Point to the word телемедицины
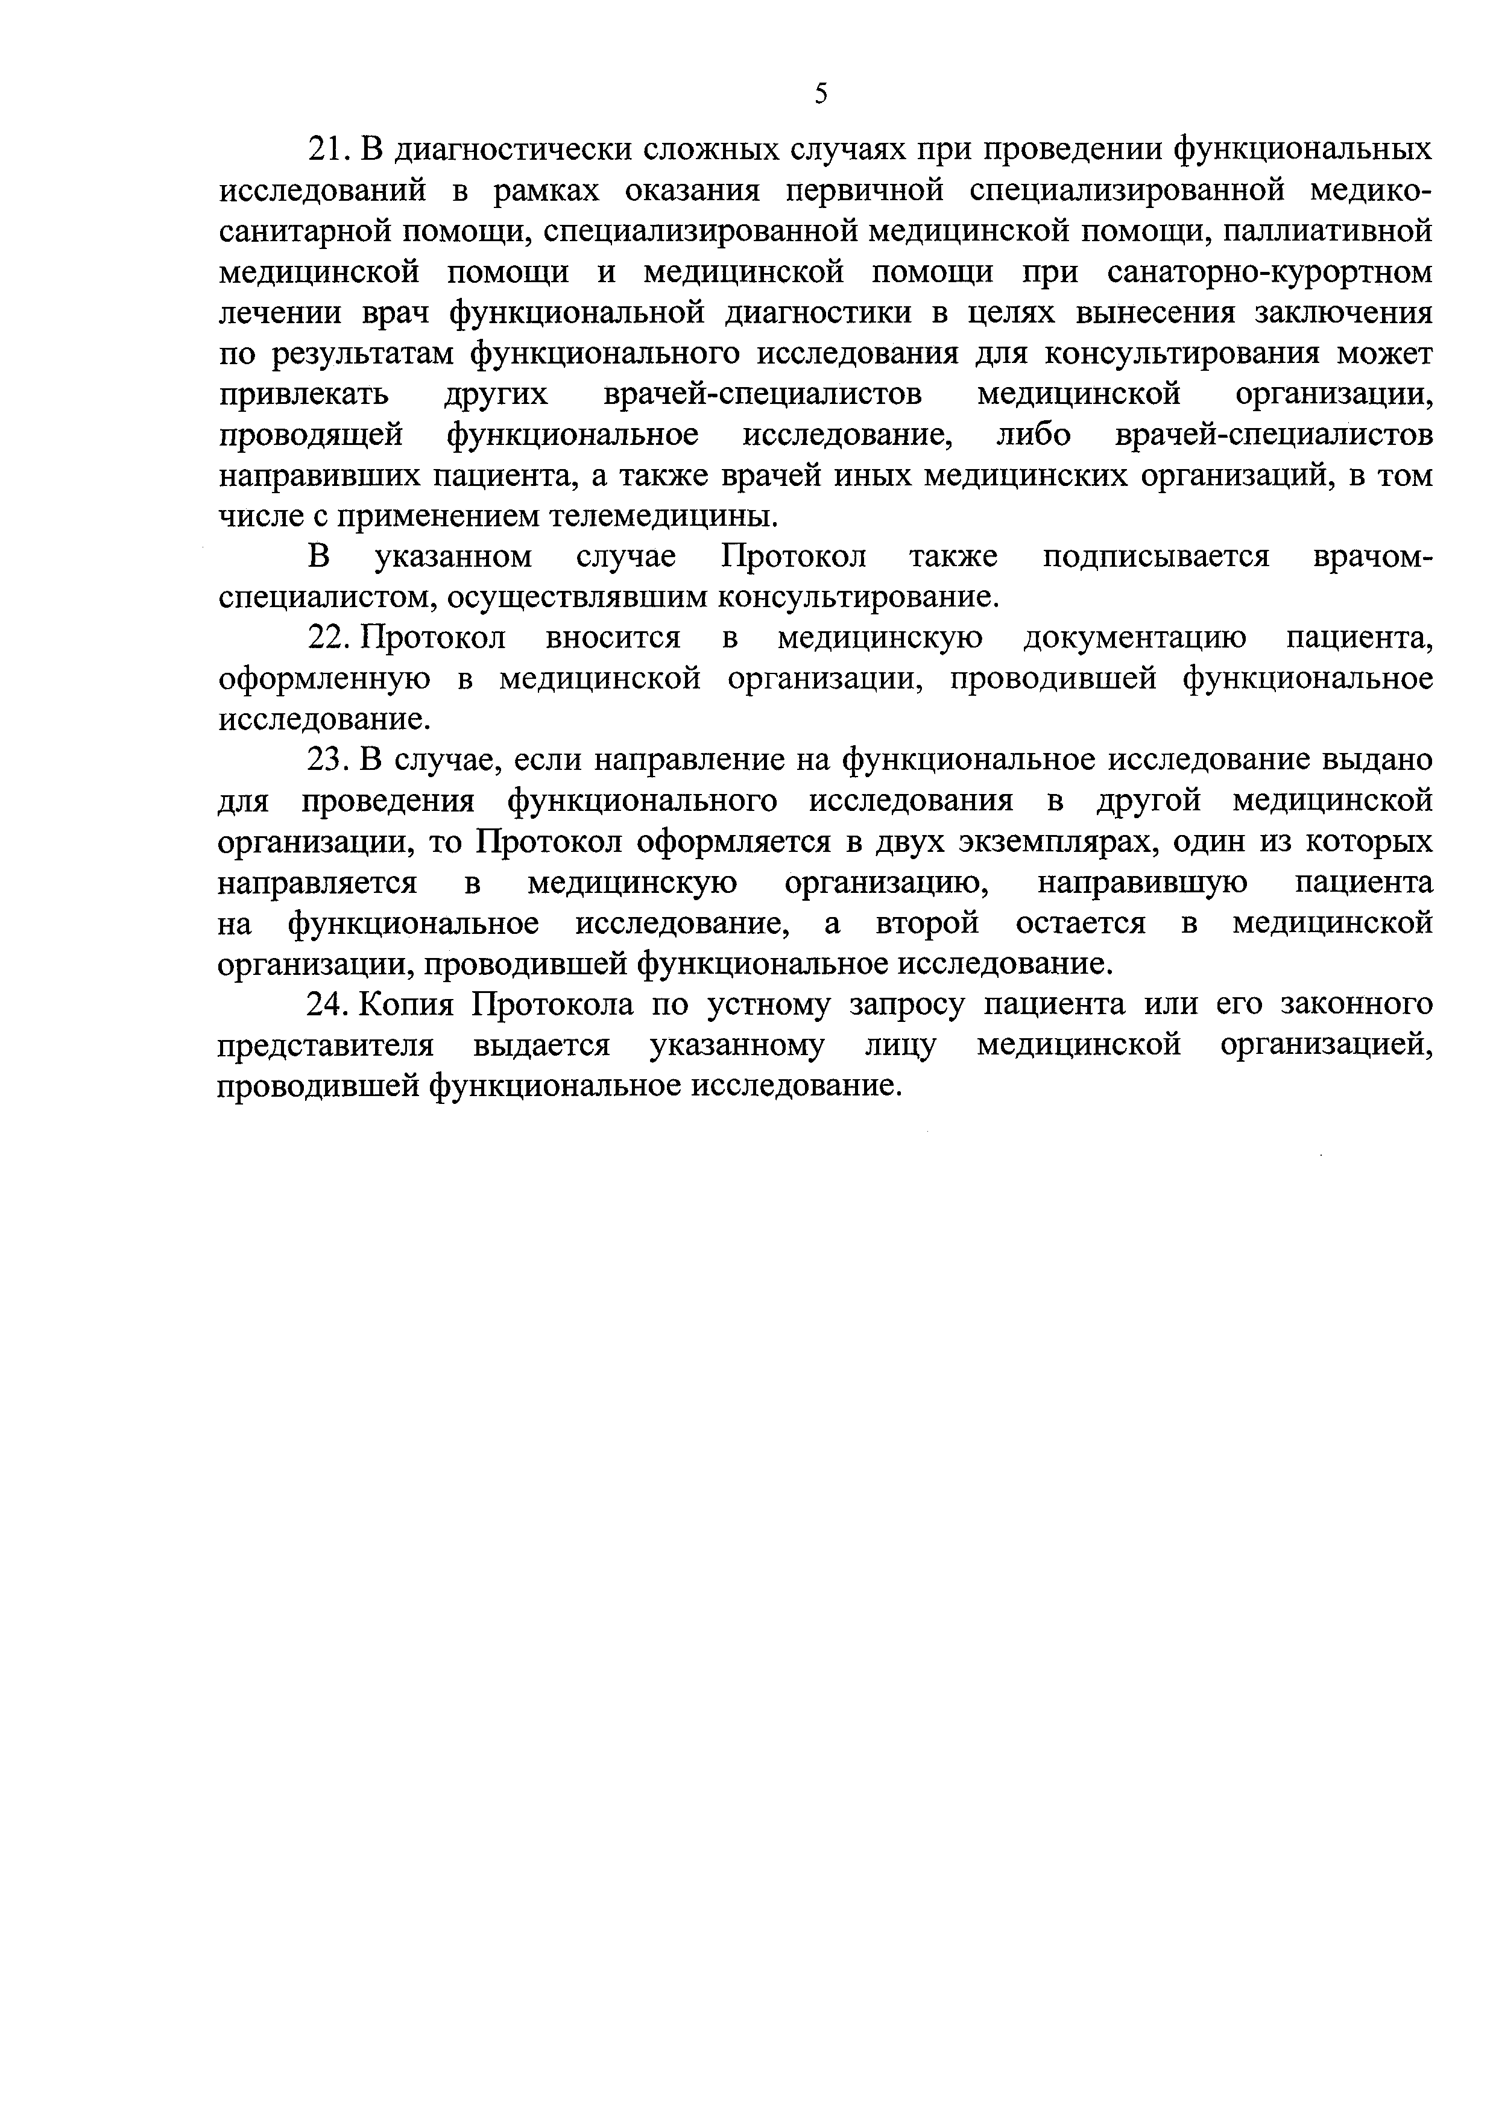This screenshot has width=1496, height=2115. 663,517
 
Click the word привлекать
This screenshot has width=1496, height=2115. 304,394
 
